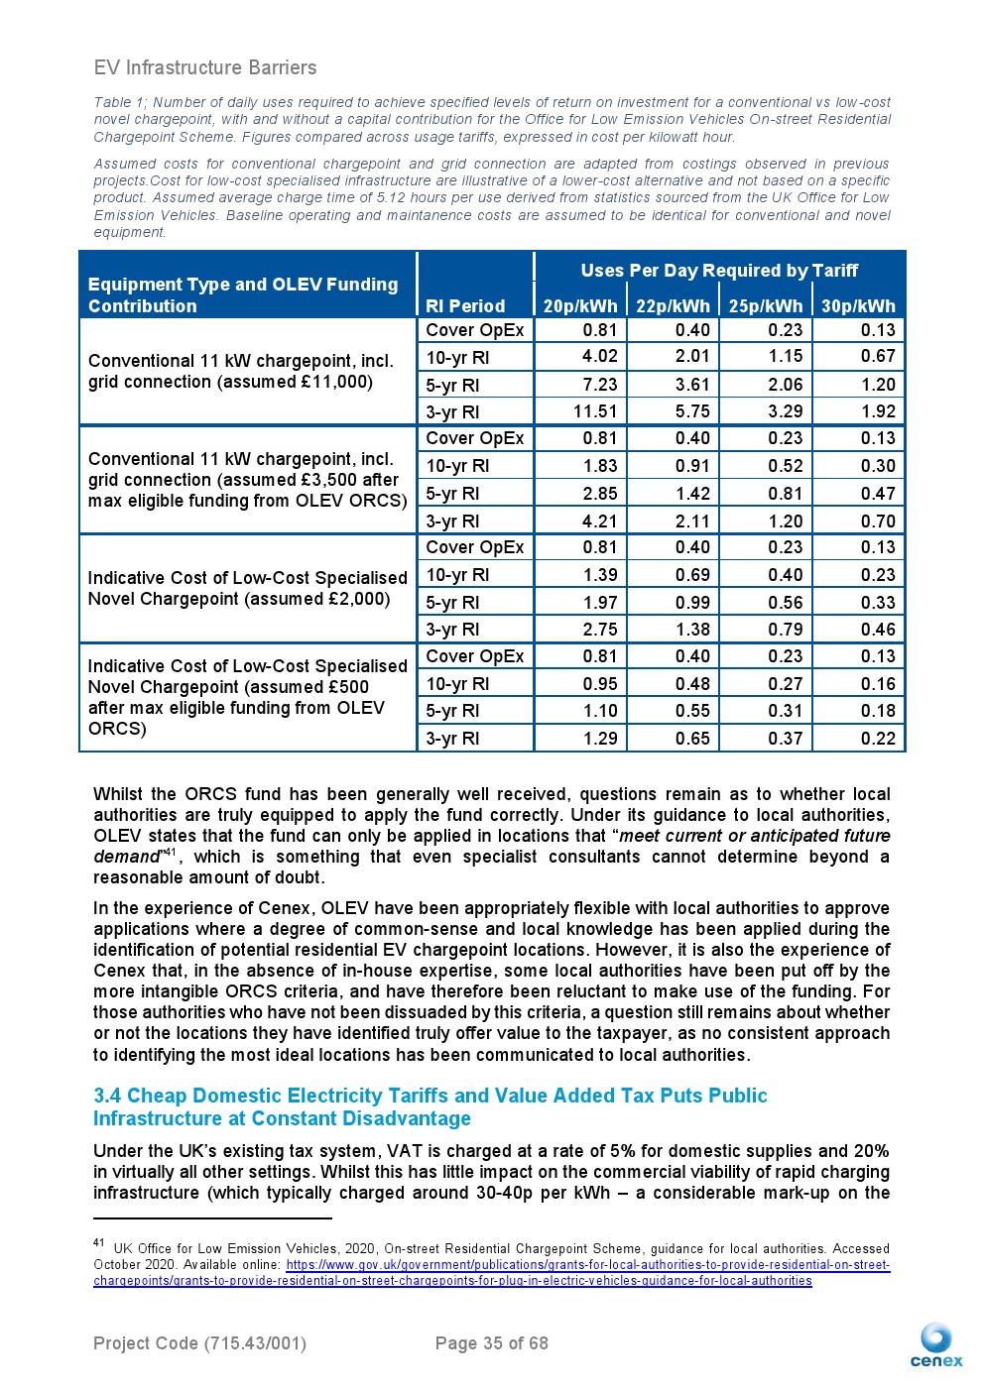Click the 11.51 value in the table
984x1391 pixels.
click(x=595, y=411)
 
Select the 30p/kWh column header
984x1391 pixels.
click(x=858, y=306)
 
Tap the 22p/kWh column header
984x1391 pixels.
click(x=673, y=306)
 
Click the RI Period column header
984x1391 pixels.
click(x=465, y=306)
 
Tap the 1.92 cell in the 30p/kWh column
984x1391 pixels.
click(x=878, y=411)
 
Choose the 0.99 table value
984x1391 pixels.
click(x=692, y=603)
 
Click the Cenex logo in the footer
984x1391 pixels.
click(x=935, y=1345)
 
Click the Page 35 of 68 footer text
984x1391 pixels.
click(x=491, y=1343)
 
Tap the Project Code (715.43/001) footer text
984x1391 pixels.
click(x=199, y=1343)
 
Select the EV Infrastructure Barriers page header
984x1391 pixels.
click(x=205, y=67)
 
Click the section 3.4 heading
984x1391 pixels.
click(x=430, y=1106)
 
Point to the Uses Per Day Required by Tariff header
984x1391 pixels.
click(x=719, y=270)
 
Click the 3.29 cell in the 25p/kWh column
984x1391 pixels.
click(x=785, y=411)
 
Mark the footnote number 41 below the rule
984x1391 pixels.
click(x=99, y=1242)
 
